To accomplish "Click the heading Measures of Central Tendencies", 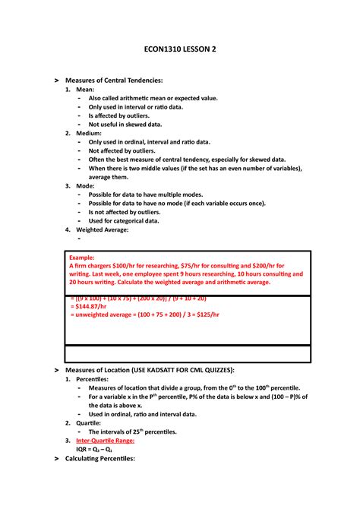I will (x=115, y=80).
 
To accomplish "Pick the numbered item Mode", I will (x=84, y=185).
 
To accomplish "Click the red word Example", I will (x=83, y=258).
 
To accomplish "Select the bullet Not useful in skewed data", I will (x=125, y=124).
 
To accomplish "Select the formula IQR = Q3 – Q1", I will (x=93, y=449).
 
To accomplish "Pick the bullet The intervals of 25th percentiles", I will (x=133, y=432).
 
